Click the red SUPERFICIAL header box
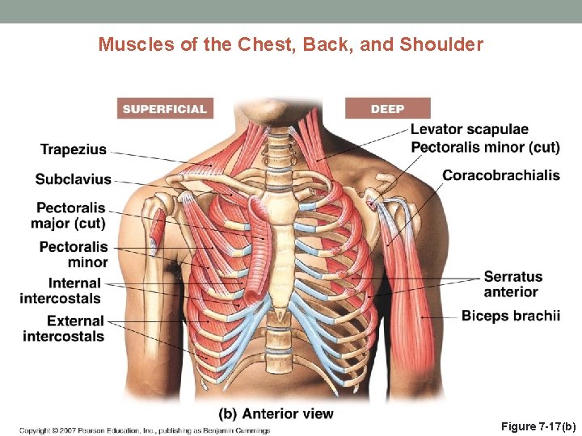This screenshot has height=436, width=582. pyautogui.click(x=165, y=108)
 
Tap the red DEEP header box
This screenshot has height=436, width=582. pyautogui.click(x=387, y=108)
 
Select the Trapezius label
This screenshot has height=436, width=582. pyautogui.click(x=74, y=149)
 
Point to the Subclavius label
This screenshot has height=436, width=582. pyautogui.click(x=73, y=179)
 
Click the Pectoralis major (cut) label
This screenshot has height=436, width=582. pyautogui.click(x=70, y=216)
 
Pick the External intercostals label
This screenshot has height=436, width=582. pyautogui.click(x=64, y=329)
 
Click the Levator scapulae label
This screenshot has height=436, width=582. pyautogui.click(x=470, y=129)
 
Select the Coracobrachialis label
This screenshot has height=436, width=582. pyautogui.click(x=501, y=175)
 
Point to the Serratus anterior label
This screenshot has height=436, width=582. pyautogui.click(x=513, y=284)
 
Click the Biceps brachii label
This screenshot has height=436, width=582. pyautogui.click(x=511, y=316)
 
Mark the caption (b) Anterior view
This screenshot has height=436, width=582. pyautogui.click(x=276, y=414)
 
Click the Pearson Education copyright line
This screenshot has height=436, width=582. pyautogui.click(x=145, y=430)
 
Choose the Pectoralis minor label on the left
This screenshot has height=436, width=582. pyautogui.click(x=74, y=254)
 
